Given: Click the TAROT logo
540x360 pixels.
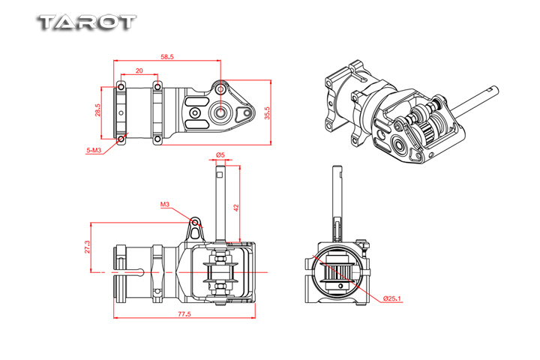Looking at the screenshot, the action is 86,22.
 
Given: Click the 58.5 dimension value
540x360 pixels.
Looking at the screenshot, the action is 167,57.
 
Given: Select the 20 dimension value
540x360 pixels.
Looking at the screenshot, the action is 139,70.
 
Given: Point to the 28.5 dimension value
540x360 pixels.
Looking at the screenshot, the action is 98,110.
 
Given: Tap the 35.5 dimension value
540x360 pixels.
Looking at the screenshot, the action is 268,113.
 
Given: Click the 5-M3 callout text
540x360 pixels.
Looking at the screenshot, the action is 94,150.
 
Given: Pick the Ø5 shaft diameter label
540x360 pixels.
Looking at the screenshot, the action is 220,155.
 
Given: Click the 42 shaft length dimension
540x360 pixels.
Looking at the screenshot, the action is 236,208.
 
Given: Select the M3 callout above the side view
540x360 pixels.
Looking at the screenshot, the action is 165,204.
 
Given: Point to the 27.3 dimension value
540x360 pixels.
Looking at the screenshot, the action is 87,247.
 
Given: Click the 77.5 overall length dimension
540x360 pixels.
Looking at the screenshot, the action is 184,313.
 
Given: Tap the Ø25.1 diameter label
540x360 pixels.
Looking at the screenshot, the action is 392,298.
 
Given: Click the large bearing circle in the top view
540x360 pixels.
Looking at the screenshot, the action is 220,112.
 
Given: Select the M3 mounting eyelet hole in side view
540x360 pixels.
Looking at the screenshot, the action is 196,222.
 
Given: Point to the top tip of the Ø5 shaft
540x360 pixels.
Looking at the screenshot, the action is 220,166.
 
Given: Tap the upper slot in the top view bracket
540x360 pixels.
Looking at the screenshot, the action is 197,102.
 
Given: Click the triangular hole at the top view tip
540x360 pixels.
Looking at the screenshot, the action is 244,114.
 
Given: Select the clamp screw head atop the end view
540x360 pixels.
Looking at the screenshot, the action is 362,242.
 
